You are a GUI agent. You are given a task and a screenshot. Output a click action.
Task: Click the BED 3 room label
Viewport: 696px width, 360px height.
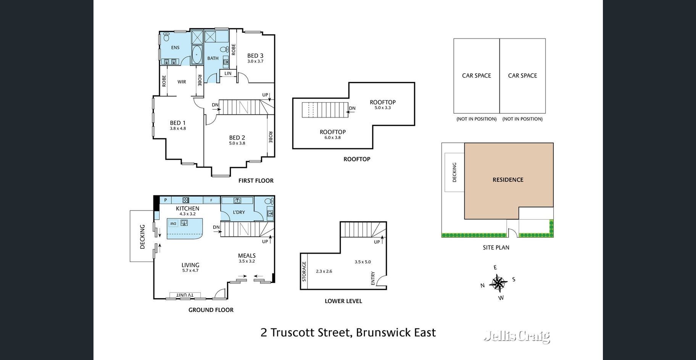255,56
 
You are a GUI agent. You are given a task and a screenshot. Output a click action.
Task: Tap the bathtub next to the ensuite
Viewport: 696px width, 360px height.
197,55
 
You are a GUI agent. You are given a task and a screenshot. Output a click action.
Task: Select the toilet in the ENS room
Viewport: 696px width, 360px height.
166,37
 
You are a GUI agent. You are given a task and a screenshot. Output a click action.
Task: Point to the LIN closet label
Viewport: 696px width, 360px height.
228,74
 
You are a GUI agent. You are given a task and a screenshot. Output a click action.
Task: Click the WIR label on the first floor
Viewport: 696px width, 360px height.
182,82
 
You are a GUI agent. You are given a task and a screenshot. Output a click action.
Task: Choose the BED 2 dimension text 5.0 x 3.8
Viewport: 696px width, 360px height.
237,143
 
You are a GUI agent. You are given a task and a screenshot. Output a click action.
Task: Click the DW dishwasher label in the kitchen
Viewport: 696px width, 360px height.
173,223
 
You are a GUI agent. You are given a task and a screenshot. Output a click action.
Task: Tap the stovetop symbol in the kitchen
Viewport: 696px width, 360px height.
186,200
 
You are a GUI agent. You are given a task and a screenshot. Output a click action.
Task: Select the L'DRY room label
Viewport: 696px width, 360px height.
239,212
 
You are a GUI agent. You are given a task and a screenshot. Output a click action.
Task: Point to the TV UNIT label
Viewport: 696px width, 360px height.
185,295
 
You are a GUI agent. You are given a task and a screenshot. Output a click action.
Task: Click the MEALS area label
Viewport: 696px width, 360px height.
247,256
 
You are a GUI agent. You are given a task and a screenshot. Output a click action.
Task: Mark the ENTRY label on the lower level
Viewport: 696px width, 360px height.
373,278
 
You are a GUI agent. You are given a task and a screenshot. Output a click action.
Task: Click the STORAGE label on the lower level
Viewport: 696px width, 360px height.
304,271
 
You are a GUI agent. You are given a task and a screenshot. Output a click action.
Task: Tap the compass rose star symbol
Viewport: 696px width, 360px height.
498,283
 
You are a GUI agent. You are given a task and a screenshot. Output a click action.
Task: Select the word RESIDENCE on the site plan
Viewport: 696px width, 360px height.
508,180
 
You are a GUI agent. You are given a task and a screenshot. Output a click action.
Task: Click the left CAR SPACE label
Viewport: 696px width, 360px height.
477,76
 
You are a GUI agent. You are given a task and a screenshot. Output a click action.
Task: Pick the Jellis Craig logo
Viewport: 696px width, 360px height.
517,336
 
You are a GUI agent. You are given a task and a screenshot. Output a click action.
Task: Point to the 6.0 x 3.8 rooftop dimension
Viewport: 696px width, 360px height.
332,138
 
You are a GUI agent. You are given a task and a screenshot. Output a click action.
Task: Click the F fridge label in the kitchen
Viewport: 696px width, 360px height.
211,200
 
